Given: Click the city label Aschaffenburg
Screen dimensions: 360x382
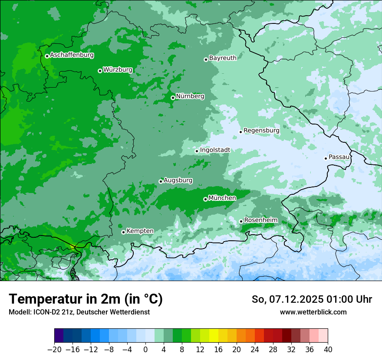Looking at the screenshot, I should [72, 55].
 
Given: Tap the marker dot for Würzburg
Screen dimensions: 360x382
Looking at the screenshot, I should [100, 71].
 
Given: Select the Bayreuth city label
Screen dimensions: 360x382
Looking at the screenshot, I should [223, 58].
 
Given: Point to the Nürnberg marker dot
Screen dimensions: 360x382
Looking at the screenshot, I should [173, 98].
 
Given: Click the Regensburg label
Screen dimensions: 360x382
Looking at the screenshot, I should [261, 130].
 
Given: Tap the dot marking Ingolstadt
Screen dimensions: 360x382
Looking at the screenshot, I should [197, 151].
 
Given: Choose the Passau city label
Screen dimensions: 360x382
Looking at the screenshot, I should [339, 157].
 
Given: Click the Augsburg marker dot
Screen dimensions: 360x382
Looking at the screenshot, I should [161, 181].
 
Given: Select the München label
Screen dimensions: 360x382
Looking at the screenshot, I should [222, 198].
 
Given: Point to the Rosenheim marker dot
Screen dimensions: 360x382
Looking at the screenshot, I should [241, 221].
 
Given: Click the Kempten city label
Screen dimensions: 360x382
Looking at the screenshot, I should [140, 231].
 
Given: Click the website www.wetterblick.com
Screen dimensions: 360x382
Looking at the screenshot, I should [313, 312].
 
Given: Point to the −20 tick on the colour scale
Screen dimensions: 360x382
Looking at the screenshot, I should [54, 350].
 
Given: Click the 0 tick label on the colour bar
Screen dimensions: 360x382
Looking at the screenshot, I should [145, 350].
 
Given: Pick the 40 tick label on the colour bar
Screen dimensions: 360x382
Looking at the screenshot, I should [328, 350].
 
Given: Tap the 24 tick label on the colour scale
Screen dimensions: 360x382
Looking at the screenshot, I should [255, 350].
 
